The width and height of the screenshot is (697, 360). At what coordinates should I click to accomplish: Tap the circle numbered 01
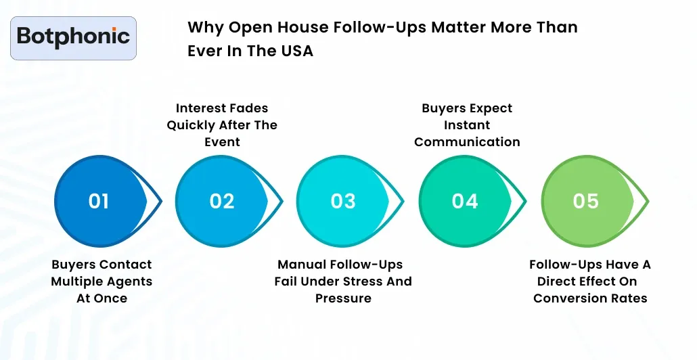coord(99,201)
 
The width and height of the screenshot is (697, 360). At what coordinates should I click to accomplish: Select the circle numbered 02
coord(221,201)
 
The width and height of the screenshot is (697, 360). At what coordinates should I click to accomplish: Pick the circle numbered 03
coord(343,201)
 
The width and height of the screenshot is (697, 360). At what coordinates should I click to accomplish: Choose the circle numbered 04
coord(465,201)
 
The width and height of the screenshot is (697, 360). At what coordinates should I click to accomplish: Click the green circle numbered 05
coord(586,201)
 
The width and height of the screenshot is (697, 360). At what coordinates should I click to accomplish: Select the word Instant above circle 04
coord(467,125)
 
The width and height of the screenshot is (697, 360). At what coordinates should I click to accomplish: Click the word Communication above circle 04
coord(467,142)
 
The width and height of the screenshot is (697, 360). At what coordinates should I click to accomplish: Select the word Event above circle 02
coord(222,142)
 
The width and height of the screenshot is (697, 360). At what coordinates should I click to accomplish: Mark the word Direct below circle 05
coord(560,282)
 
